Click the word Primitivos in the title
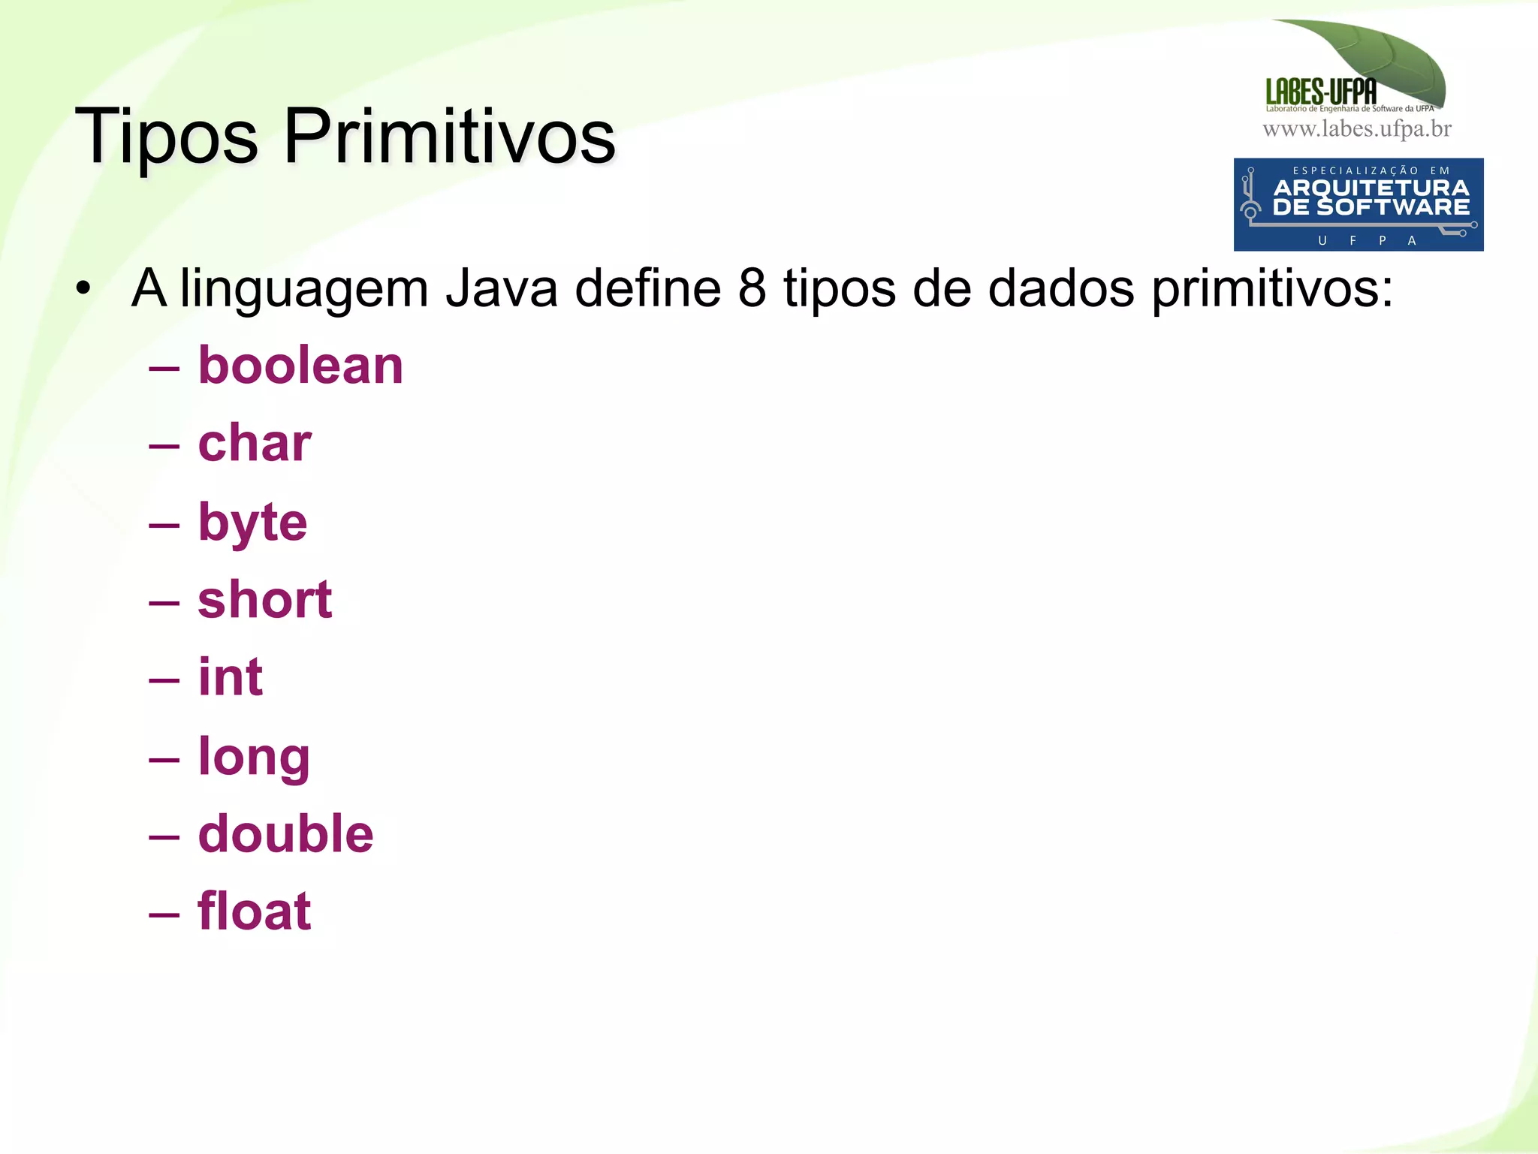coord(449,137)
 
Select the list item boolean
coord(300,366)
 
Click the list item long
coord(254,756)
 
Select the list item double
coord(285,833)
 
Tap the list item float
coord(255,911)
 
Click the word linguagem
coord(304,289)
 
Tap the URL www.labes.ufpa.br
coord(1357,129)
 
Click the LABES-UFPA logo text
coord(1321,92)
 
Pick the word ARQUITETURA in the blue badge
coord(1371,188)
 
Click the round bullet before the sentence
coord(83,288)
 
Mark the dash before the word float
coord(164,914)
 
